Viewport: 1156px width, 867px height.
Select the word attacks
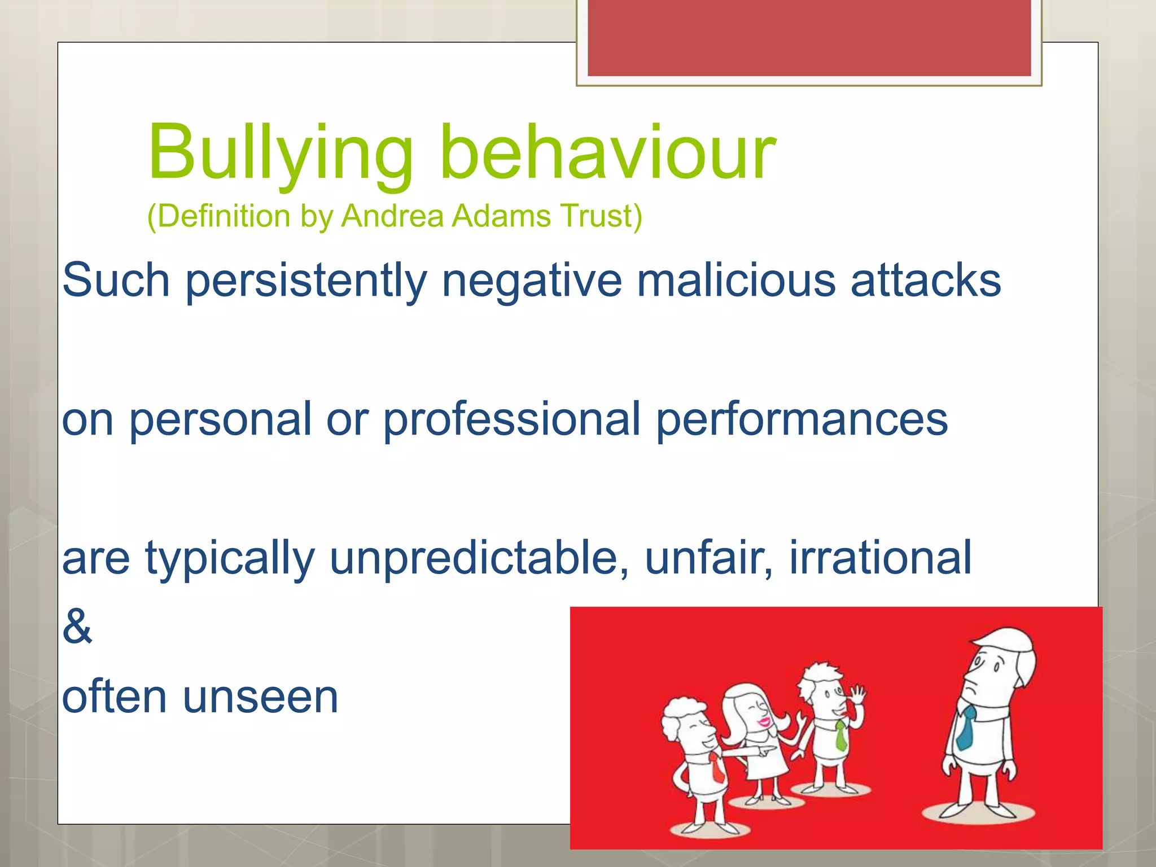[x=926, y=281]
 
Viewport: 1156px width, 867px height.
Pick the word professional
[x=511, y=420]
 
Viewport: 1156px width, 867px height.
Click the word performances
[x=802, y=420]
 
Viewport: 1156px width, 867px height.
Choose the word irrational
[x=881, y=558]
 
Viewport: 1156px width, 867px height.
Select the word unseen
[x=260, y=697]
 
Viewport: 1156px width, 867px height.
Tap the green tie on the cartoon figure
[x=841, y=735]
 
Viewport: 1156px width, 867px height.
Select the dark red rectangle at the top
[x=809, y=37]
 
